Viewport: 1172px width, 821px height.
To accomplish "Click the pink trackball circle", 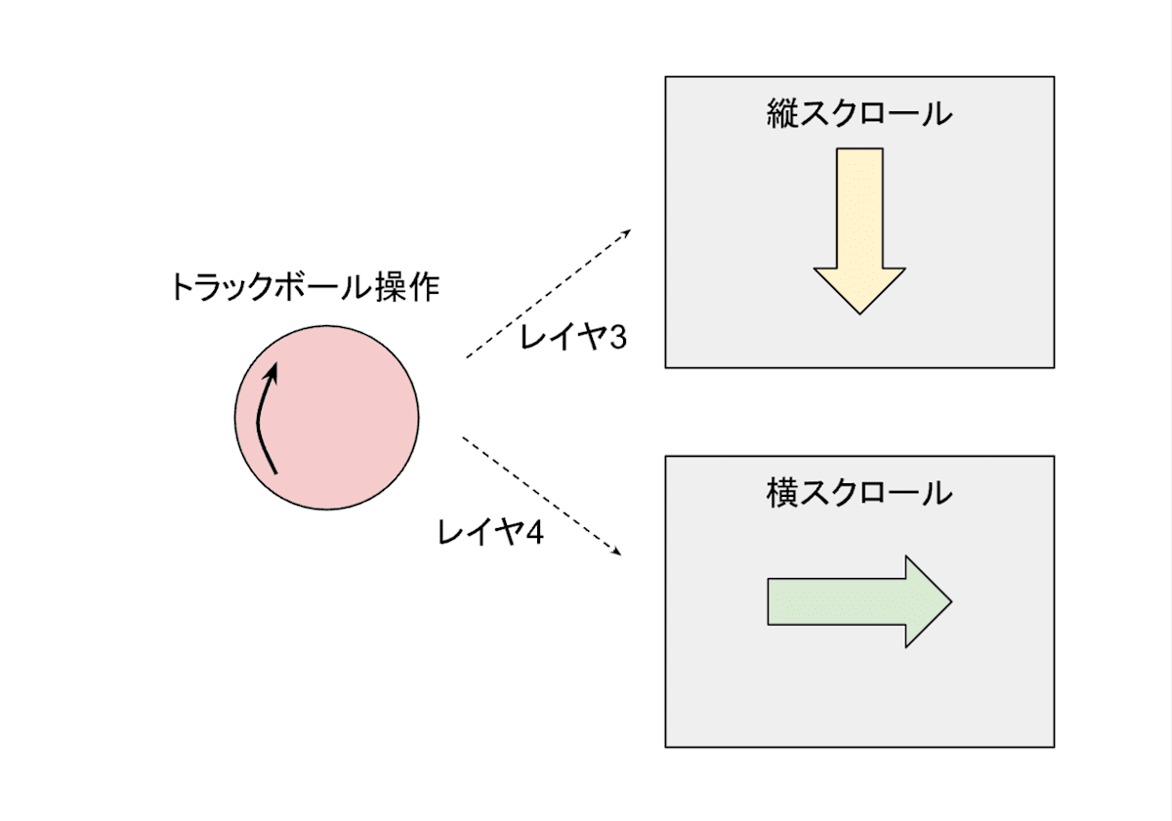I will [x=342, y=417].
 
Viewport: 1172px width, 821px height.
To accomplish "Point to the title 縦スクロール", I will [x=859, y=114].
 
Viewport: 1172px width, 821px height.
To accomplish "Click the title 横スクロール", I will [x=859, y=492].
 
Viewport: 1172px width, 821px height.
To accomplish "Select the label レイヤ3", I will [x=573, y=339].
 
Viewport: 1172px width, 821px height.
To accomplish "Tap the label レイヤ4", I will [x=490, y=533].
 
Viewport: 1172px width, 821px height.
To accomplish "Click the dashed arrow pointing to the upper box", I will [x=547, y=294].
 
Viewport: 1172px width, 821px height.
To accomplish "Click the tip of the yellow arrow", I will [x=859, y=310].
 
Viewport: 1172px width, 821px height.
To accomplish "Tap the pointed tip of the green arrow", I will [x=948, y=601].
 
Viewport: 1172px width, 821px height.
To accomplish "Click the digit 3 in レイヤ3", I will [x=617, y=339].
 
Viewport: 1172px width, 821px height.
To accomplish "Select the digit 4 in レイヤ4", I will [x=534, y=533].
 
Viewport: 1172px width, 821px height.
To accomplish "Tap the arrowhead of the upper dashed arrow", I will [x=628, y=231].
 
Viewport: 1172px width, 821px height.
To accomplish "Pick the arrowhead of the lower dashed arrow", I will [x=618, y=554].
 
